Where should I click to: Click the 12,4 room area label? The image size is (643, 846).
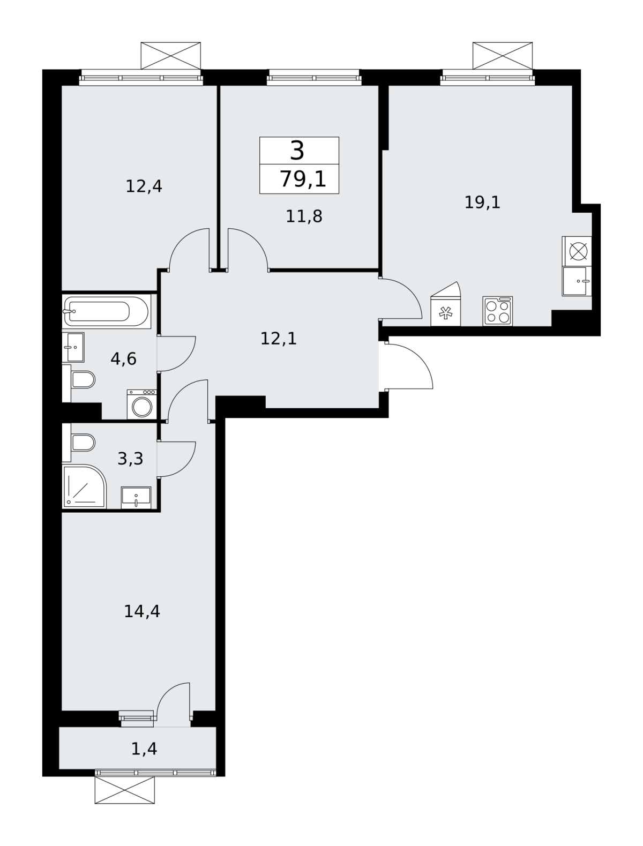(x=144, y=186)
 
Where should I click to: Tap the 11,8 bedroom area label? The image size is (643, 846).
(x=304, y=216)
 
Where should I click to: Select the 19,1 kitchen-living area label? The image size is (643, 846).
(x=482, y=203)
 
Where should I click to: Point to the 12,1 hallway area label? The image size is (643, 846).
(x=279, y=339)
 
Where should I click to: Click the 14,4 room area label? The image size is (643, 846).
(x=142, y=612)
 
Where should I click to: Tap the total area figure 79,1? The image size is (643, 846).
(x=303, y=179)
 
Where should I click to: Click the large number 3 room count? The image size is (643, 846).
(x=297, y=151)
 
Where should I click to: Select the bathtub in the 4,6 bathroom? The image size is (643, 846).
(x=107, y=311)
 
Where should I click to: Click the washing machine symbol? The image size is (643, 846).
(x=142, y=405)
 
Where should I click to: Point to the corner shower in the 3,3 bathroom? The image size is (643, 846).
(x=84, y=487)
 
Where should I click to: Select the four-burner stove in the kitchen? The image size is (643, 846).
(x=498, y=311)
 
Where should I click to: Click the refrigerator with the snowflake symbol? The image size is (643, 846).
(x=446, y=304)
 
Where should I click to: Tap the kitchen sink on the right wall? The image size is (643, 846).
(x=577, y=281)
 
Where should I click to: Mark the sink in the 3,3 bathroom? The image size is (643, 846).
(x=136, y=498)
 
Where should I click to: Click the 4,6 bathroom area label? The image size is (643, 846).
(x=124, y=359)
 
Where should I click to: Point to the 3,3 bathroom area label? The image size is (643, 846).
(x=130, y=459)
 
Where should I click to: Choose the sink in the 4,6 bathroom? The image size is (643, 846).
(x=73, y=347)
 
